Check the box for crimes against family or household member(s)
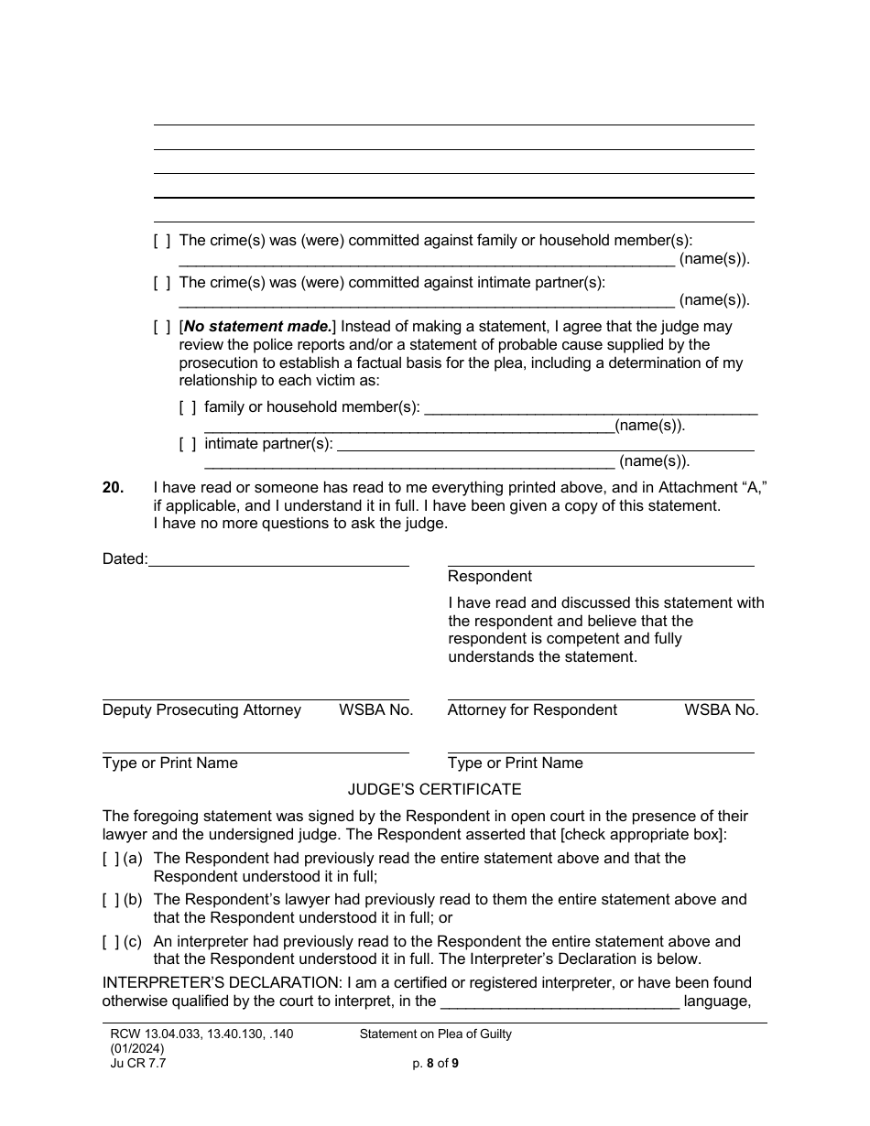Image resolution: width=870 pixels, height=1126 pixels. pos(162,241)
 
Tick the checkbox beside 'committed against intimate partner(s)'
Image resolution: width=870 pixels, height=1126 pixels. pos(162,283)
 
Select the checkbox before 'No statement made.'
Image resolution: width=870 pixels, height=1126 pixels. pos(162,326)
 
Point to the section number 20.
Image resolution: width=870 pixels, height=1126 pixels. pos(113,488)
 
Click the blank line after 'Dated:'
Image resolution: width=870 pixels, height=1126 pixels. pos(278,559)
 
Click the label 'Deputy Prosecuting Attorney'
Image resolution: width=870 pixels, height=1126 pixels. pos(201,709)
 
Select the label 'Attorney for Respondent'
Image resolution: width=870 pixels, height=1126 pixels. pos(532,709)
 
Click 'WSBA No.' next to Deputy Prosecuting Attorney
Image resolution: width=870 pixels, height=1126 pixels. pos(375,709)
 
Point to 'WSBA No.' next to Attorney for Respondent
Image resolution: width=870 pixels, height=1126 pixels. pos(721,709)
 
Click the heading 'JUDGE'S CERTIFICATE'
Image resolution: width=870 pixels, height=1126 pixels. pos(434,788)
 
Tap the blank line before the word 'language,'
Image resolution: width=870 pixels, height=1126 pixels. pos(560,1001)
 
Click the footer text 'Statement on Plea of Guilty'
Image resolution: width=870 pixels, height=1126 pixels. pos(435,1034)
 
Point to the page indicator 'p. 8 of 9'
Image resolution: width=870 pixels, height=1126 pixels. pos(435,1063)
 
